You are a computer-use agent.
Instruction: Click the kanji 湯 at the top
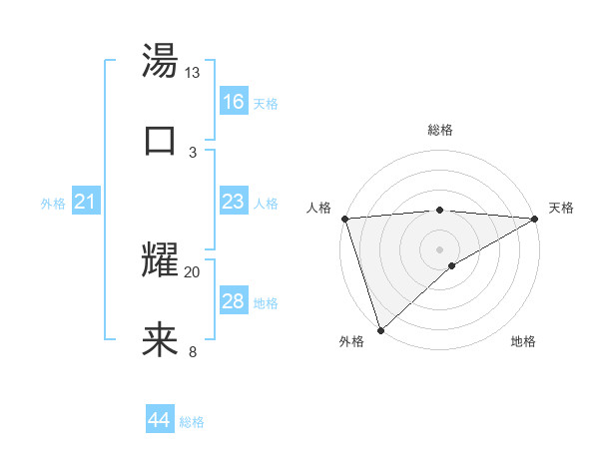tap(160, 62)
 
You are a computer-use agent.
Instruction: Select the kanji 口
tap(160, 138)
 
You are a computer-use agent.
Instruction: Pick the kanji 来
tap(160, 339)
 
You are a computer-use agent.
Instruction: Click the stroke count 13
tap(192, 73)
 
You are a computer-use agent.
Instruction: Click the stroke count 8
tap(193, 351)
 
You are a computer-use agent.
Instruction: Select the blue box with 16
tap(233, 102)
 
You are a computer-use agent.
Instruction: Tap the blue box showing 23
tap(233, 202)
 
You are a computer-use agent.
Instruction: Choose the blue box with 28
tap(233, 301)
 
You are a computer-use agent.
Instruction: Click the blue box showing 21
tap(86, 203)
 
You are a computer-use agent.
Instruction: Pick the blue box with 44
tap(159, 420)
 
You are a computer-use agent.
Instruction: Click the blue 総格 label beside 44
tap(192, 422)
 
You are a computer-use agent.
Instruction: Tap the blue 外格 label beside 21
tap(53, 204)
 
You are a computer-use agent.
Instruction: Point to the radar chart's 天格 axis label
tap(561, 208)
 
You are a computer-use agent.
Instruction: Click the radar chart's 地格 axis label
tap(523, 342)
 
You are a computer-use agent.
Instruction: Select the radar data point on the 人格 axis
tap(344, 219)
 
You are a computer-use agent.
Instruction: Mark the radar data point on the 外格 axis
tap(380, 330)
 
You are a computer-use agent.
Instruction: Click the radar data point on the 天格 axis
tap(534, 219)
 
